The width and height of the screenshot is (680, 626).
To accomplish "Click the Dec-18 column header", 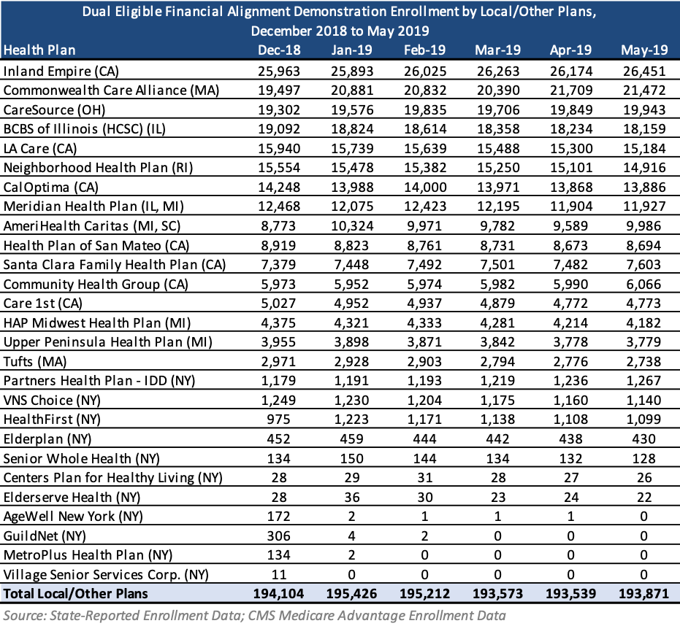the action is click(279, 50).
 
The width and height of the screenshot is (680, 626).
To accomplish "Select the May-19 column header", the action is click(644, 50).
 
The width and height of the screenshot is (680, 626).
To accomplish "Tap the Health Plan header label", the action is click(39, 50).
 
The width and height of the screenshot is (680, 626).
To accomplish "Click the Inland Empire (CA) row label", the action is click(61, 71).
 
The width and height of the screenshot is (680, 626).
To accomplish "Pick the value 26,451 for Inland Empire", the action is click(644, 71).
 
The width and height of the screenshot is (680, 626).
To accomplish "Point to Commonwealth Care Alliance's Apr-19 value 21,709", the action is click(570, 90).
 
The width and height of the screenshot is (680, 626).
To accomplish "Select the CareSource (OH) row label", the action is click(55, 109).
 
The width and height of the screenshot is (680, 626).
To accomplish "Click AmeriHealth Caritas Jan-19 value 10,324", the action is click(352, 225).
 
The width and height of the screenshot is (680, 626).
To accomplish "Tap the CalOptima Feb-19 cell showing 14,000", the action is click(425, 188).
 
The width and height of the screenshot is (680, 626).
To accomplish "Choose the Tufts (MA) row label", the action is click(35, 361).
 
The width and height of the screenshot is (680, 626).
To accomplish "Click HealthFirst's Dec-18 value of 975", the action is click(278, 420).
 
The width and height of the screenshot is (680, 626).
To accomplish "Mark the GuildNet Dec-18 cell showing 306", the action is click(278, 536).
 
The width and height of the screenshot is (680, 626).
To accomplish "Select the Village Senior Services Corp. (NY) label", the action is click(106, 574).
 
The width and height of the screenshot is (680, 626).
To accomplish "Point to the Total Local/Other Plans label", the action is click(75, 593).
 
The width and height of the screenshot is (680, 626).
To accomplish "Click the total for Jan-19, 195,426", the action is click(352, 593).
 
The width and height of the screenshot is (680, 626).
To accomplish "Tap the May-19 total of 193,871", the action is click(644, 593).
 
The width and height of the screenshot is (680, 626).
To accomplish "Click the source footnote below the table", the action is click(255, 616).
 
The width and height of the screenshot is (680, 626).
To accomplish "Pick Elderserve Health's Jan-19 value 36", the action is click(352, 497).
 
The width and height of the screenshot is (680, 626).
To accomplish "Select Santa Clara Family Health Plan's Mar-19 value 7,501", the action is click(497, 265).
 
